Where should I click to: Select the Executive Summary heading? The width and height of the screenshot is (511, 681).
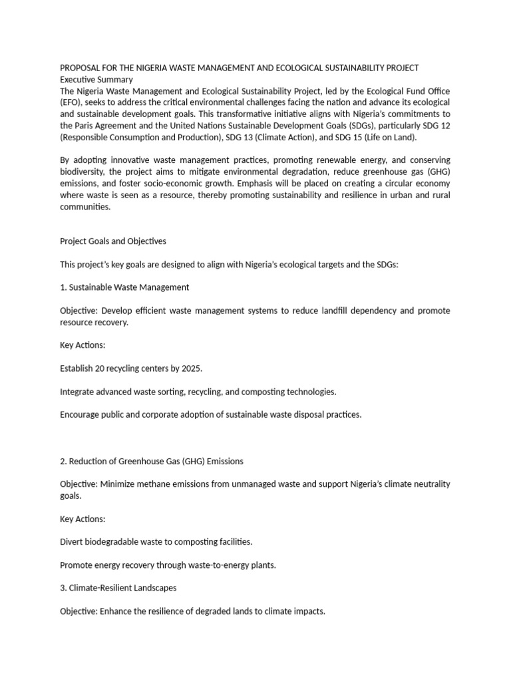[x=95, y=79]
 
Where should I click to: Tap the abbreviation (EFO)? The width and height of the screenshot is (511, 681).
[x=71, y=102]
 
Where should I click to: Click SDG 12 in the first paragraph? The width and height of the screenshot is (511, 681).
[x=436, y=124]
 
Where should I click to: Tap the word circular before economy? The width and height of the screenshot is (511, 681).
[x=395, y=183]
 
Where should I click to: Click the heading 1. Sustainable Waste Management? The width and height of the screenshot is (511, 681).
[x=124, y=287]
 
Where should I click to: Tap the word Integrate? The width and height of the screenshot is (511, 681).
[x=78, y=391]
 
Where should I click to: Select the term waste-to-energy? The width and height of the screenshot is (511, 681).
[x=216, y=565]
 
